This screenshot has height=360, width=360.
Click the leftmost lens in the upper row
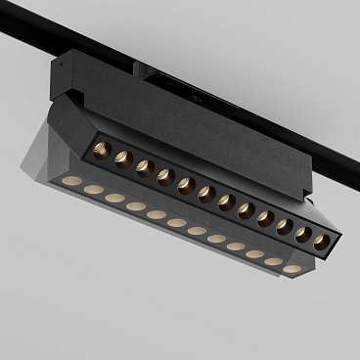click(x=102, y=151)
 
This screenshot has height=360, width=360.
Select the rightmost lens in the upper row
click(x=321, y=241)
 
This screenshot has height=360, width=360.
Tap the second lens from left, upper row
click(x=122, y=158)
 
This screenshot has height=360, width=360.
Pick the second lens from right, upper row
click(x=303, y=234)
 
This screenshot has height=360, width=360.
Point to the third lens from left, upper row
click(x=144, y=167)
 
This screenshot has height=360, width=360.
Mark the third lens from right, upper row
click(x=285, y=226)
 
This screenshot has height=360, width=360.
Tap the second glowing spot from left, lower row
click(x=93, y=190)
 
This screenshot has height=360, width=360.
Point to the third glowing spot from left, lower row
click(x=114, y=198)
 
